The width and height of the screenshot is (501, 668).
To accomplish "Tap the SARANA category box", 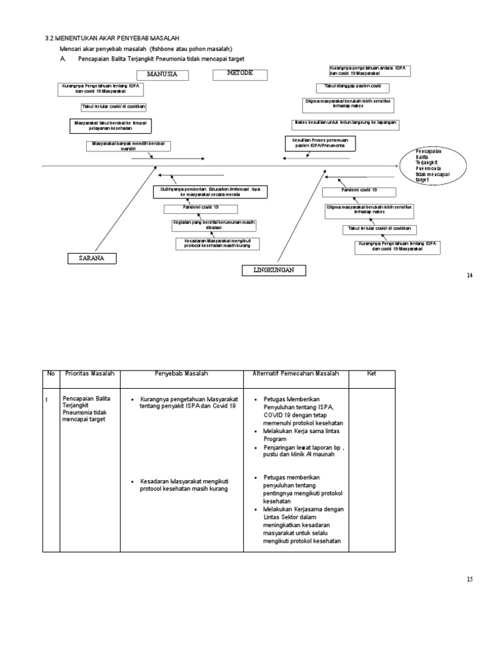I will tap(93, 259).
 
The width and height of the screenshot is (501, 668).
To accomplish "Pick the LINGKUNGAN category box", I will tap(273, 270).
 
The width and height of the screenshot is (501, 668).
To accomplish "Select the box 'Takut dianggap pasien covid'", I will tap(353, 87).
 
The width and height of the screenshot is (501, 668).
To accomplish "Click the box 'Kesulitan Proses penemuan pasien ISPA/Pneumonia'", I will tap(320, 143).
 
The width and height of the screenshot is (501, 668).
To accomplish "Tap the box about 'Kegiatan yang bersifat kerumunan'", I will tap(214, 225).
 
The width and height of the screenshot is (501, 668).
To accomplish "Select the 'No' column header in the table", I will tap(51, 374).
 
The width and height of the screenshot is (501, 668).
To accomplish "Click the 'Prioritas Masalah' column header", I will tap(90, 374).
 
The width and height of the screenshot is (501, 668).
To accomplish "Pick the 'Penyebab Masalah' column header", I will tap(181, 374).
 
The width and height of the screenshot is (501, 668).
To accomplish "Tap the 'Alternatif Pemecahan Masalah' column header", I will tap(296, 374).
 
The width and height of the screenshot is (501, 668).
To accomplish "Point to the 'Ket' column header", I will tap(372, 374).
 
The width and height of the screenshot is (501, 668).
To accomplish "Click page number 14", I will tap(468, 276).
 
